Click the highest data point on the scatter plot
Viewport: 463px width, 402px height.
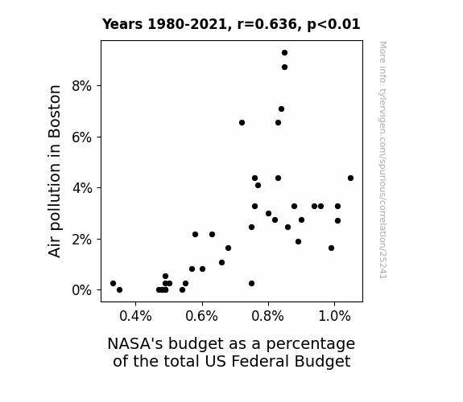pyautogui.click(x=284, y=53)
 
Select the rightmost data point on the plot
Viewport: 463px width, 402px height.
pyautogui.click(x=350, y=178)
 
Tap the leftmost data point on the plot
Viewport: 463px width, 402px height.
pyautogui.click(x=113, y=284)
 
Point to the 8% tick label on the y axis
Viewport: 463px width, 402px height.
pyautogui.click(x=81, y=86)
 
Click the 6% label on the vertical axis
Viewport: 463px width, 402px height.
pyautogui.click(x=81, y=137)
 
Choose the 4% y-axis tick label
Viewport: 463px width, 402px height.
pyautogui.click(x=82, y=188)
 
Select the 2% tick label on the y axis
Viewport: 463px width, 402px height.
pyautogui.click(x=81, y=240)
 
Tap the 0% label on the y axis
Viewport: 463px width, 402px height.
pyautogui.click(x=81, y=290)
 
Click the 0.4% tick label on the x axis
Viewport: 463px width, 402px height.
pyautogui.click(x=135, y=317)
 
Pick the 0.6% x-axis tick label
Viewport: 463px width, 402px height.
pyautogui.click(x=201, y=317)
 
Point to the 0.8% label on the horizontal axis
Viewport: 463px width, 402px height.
pyautogui.click(x=268, y=317)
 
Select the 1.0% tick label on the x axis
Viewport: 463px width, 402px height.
pyautogui.click(x=334, y=317)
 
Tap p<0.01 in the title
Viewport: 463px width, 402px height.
pyautogui.click(x=333, y=25)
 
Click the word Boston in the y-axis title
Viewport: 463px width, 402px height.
pyautogui.click(x=55, y=112)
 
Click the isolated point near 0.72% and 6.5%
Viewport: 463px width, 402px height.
pyautogui.click(x=242, y=123)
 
